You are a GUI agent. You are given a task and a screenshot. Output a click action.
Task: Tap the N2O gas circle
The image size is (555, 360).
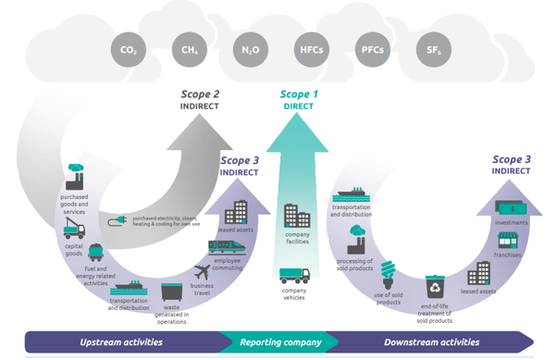point(248,49)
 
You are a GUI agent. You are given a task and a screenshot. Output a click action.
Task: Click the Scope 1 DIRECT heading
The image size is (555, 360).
point(299,99)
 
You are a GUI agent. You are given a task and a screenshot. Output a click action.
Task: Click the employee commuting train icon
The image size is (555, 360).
point(226,246)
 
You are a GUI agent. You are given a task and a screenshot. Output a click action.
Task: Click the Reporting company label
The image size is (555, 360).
point(280,341)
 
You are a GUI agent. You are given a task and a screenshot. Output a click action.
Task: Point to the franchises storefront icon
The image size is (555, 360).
point(508,238)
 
